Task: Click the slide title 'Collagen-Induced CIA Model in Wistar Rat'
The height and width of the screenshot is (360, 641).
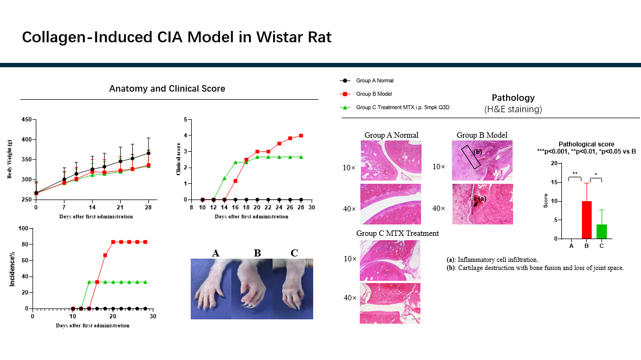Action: point(177,37)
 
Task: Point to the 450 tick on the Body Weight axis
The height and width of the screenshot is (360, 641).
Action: point(26,120)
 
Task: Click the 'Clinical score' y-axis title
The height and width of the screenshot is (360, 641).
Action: point(178,159)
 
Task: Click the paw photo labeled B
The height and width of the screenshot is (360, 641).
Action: point(252,289)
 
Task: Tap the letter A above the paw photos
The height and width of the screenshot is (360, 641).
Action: point(216,253)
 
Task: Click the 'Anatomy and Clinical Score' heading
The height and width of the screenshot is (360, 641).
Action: point(167,88)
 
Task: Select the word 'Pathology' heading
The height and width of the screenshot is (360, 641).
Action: point(513,98)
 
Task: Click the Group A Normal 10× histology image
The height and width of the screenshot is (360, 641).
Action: point(390,160)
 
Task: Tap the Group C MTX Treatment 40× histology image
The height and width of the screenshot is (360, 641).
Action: point(390,303)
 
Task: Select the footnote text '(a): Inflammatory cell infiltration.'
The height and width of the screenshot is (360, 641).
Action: point(489,260)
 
